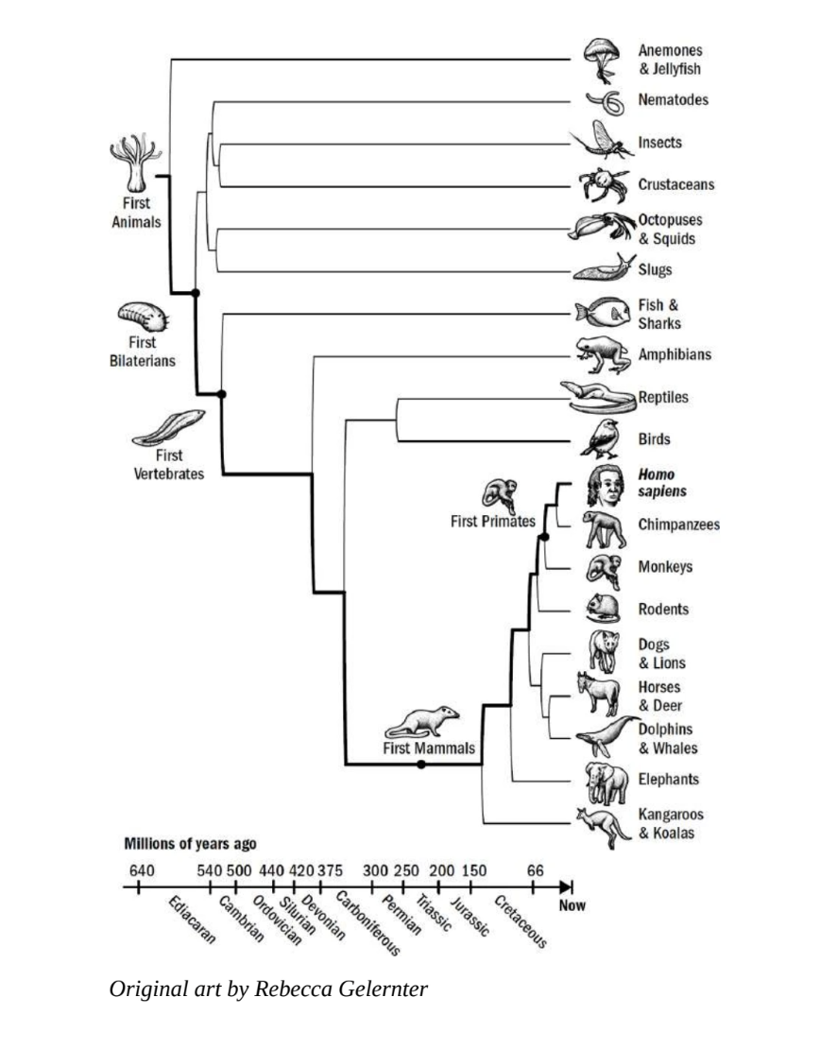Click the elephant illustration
tap(606, 782)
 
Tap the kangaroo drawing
tap(604, 827)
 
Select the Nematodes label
tap(673, 99)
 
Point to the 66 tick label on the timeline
tap(535, 870)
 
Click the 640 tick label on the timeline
tap(141, 870)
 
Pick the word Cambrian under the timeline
tap(242, 918)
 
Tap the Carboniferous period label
tap(367, 923)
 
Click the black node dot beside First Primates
tap(544, 537)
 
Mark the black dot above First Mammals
tap(420, 764)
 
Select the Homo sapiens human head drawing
tap(606, 485)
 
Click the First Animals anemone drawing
tap(136, 163)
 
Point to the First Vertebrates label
tap(168, 464)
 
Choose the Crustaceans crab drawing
tap(604, 184)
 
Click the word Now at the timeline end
tap(572, 905)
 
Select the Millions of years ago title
tap(190, 844)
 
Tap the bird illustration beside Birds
tap(600, 439)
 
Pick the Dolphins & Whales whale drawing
tap(606, 731)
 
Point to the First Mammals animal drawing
tap(422, 721)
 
